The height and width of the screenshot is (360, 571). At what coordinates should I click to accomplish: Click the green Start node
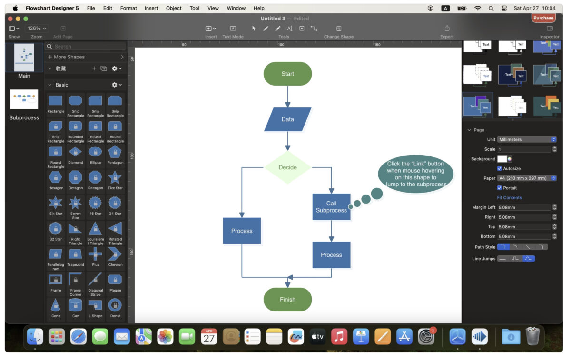coord(287,74)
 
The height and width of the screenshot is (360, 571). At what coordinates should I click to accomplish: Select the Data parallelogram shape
coord(287,119)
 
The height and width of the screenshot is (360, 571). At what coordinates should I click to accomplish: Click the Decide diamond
coord(287,167)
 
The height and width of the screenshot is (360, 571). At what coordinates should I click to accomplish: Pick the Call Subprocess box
coord(331,207)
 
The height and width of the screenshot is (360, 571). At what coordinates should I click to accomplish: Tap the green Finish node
coord(287,300)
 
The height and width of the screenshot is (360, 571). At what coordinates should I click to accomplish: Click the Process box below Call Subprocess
coord(331,255)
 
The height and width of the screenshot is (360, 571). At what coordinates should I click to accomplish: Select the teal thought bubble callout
coord(415,174)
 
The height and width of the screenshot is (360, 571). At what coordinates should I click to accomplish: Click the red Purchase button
coord(543,18)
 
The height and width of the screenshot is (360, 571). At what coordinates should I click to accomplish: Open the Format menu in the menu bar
coord(128,8)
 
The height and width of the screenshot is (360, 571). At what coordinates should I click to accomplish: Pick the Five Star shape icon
coord(115,178)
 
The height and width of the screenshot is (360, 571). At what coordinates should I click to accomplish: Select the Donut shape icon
coord(115,305)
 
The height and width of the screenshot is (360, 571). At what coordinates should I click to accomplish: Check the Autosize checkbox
coord(500,168)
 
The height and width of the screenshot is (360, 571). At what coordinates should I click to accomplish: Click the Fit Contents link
coord(509,198)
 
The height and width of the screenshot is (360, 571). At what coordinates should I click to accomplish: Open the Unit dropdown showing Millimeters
coord(527,139)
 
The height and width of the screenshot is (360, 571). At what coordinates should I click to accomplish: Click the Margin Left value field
coord(523,207)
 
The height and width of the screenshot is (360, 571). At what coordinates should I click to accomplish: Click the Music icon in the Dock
coord(339,337)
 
